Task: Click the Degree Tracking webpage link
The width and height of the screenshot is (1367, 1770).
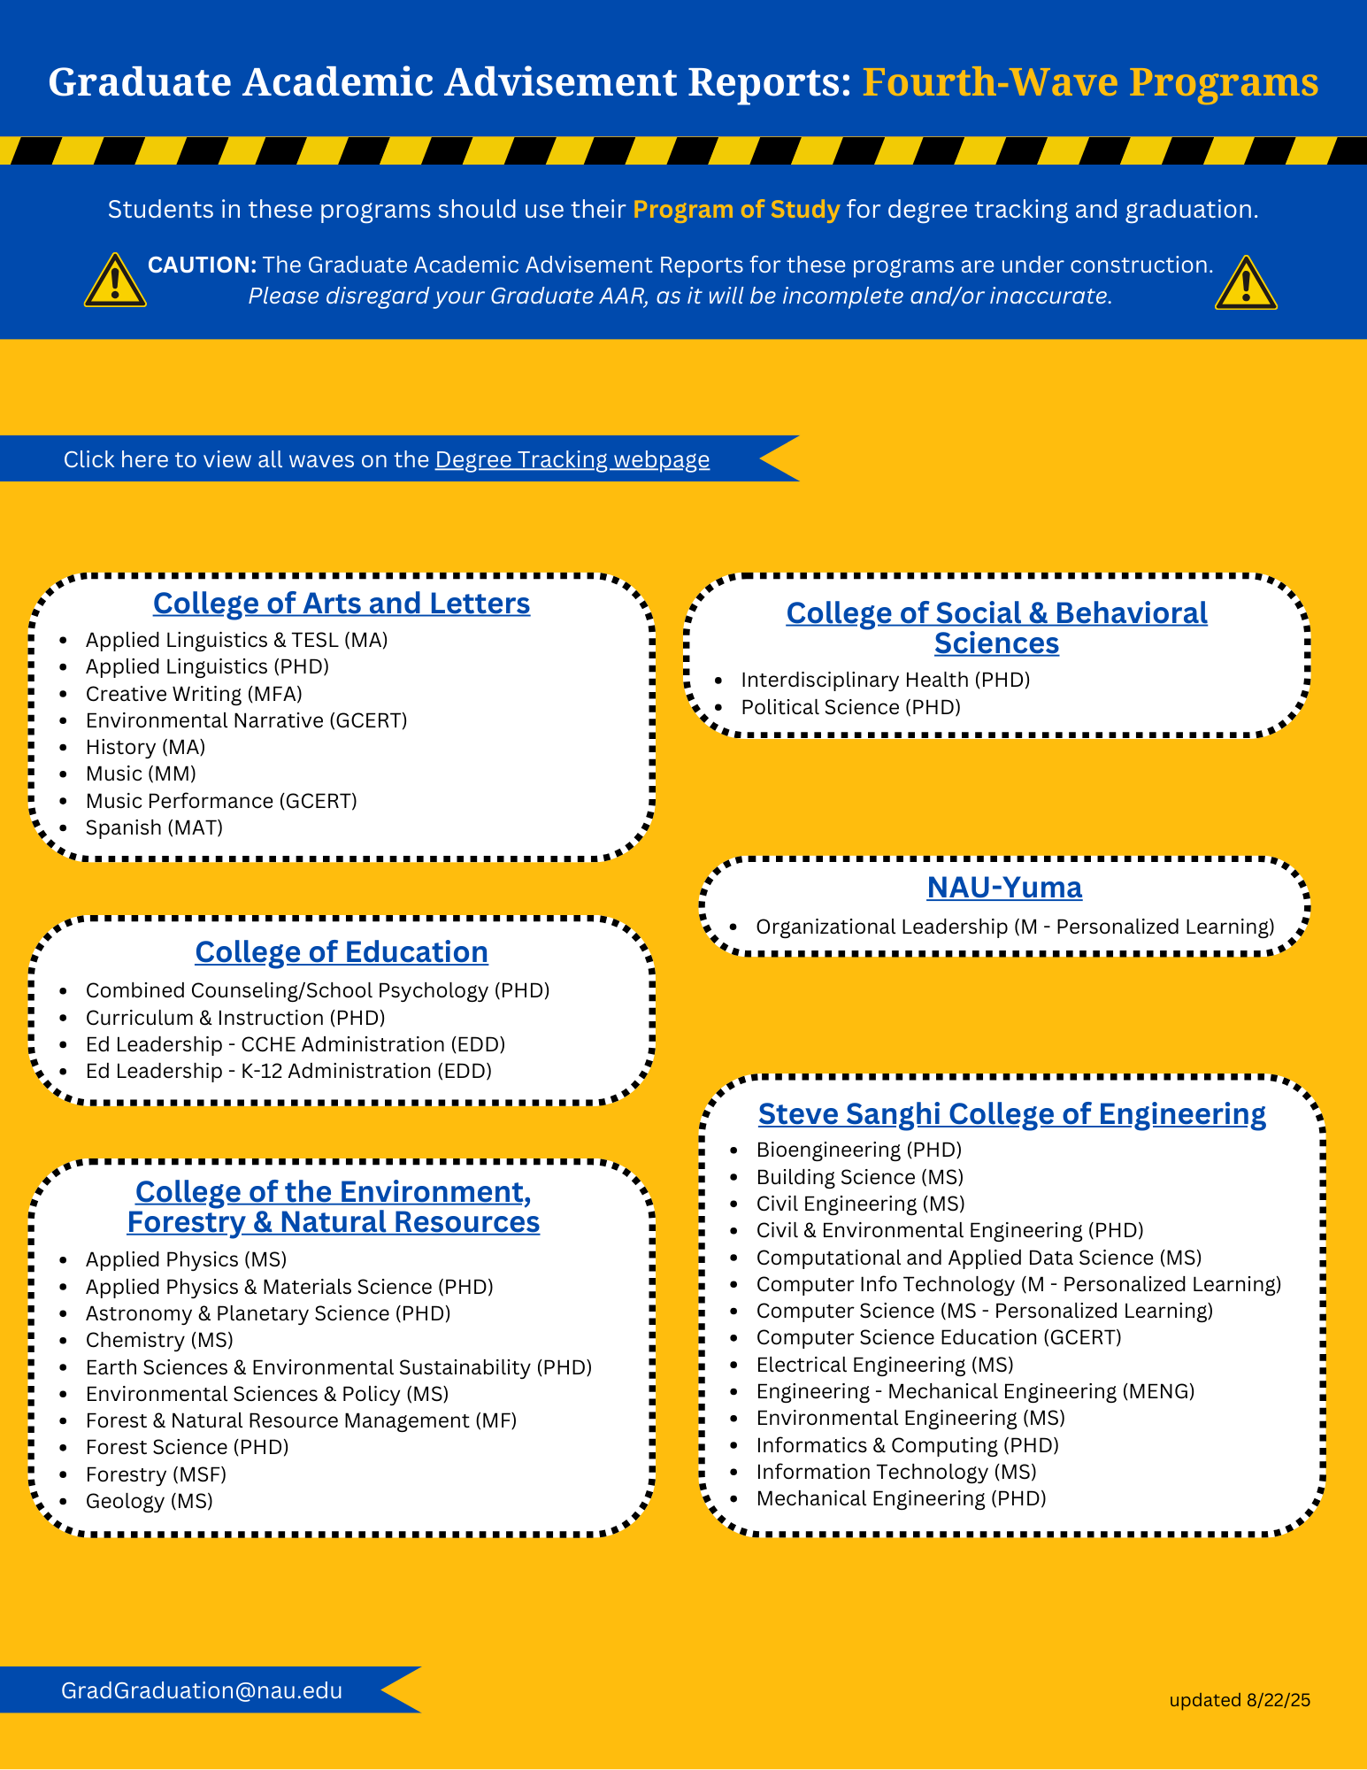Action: (572, 459)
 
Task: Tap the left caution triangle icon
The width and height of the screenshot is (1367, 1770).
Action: (115, 282)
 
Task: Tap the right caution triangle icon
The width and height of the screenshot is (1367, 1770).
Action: (1246, 284)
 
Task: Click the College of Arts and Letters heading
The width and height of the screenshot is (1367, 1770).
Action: (342, 604)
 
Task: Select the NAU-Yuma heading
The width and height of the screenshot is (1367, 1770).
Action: (1004, 888)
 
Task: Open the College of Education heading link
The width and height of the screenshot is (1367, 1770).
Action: (342, 952)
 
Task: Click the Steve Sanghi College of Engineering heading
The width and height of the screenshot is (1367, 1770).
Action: (1011, 1114)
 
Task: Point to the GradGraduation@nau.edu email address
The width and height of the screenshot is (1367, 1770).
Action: (202, 1690)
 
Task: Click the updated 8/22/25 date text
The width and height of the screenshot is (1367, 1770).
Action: (1240, 1700)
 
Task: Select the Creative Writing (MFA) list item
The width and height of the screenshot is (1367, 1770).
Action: (194, 694)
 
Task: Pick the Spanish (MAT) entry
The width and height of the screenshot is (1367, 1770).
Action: (154, 827)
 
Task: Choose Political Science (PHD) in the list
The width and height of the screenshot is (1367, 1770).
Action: (850, 707)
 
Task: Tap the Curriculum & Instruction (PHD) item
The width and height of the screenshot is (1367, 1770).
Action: (235, 1018)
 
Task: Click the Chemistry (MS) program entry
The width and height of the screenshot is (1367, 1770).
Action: (159, 1340)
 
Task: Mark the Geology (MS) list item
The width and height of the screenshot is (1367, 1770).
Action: (150, 1501)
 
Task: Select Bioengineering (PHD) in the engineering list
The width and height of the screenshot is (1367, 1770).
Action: (858, 1150)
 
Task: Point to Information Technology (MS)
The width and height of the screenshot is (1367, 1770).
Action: (895, 1472)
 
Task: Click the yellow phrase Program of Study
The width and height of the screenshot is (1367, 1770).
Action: (736, 210)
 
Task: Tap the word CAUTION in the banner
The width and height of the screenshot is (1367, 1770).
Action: (202, 265)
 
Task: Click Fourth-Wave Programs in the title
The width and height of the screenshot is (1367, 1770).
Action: (1090, 82)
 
